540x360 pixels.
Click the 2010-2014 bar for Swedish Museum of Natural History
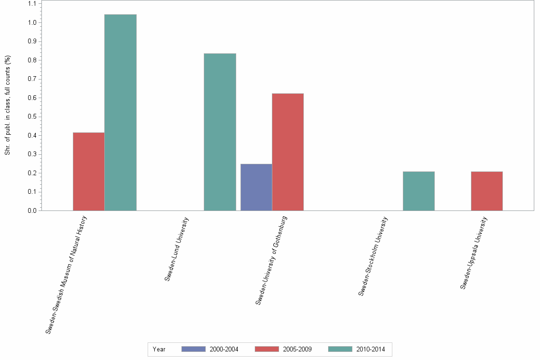[120, 112]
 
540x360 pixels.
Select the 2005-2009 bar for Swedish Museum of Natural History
[89, 171]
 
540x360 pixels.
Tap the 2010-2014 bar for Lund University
[220, 132]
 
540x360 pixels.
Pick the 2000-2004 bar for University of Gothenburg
[256, 187]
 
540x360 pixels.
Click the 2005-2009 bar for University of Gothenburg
[288, 152]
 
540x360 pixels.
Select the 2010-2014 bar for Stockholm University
[419, 191]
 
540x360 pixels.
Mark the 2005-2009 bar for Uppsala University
[487, 191]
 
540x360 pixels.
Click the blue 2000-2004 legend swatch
[193, 349]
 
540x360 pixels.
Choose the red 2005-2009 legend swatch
[267, 349]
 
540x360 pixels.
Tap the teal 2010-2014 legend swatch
[340, 349]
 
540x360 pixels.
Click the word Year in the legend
[159, 350]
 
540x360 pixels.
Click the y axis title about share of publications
[8, 105]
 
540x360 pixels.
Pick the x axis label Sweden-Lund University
[177, 250]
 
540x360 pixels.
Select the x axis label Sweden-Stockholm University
[373, 257]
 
